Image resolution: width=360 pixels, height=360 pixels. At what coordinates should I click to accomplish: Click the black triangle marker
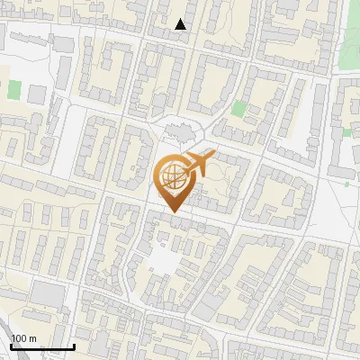click(x=181, y=24)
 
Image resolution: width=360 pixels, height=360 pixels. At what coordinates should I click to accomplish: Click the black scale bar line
click(x=41, y=346)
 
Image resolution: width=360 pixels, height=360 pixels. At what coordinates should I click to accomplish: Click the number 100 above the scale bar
click(x=20, y=338)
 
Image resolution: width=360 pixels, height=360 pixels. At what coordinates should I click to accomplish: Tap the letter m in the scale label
click(x=32, y=338)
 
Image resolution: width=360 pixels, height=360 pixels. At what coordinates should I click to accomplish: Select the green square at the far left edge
click(x=14, y=89)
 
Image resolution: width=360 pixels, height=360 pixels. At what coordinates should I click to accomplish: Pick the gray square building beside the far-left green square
click(x=37, y=94)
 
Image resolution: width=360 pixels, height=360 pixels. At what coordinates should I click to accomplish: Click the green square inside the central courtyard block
click(x=238, y=109)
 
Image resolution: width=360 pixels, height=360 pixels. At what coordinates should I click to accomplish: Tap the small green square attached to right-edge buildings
click(x=346, y=132)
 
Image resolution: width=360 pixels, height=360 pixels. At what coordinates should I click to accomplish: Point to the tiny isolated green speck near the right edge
click(x=346, y=184)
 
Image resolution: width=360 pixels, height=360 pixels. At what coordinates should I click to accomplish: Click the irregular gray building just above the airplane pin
click(x=179, y=133)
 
